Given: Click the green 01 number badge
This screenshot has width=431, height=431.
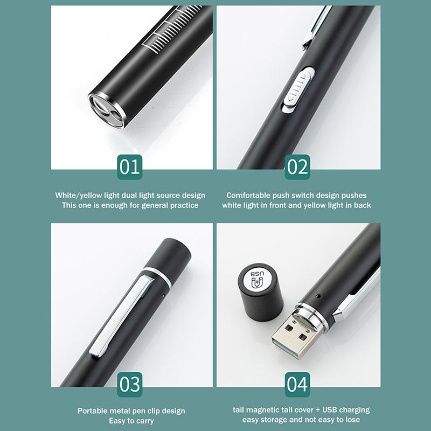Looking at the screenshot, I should pyautogui.click(x=130, y=168).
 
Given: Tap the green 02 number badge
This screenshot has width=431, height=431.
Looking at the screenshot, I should pyautogui.click(x=297, y=168).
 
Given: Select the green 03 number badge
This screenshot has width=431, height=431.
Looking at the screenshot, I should pyautogui.click(x=130, y=385).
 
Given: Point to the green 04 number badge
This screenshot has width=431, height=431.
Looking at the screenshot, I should pyautogui.click(x=297, y=385).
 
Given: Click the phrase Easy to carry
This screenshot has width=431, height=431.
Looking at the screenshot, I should pyautogui.click(x=131, y=421).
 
